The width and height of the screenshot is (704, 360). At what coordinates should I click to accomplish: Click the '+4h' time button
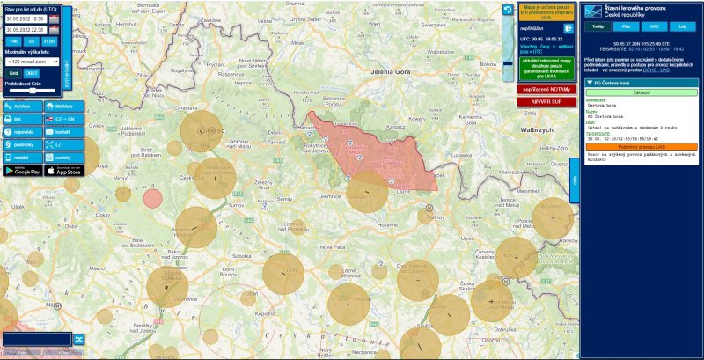click(14, 41)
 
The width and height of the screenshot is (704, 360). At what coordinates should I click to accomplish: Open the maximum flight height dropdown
click(32, 62)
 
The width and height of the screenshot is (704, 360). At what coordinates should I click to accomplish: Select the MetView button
click(62, 105)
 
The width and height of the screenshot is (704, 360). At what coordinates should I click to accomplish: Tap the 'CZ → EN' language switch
click(62, 118)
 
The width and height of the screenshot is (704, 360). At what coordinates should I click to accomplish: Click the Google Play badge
click(21, 170)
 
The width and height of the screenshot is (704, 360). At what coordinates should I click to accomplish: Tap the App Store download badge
click(62, 170)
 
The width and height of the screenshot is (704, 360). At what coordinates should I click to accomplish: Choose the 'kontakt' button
click(62, 131)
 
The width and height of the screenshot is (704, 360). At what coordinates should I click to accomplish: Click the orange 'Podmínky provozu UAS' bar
click(641, 146)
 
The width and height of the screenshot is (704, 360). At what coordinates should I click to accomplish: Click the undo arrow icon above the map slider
click(508, 10)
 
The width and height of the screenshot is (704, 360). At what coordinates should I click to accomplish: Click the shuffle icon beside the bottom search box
click(78, 339)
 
